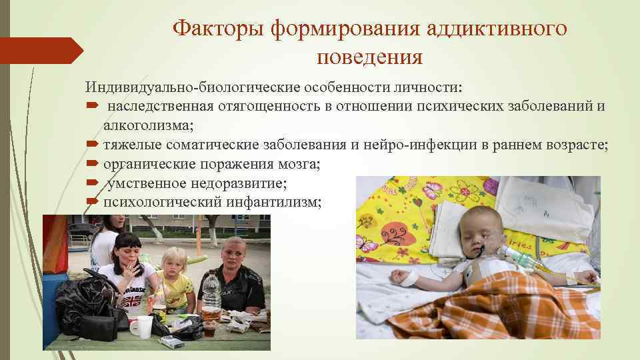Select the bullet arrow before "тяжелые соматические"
(92, 145)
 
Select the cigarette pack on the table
(170, 341)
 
